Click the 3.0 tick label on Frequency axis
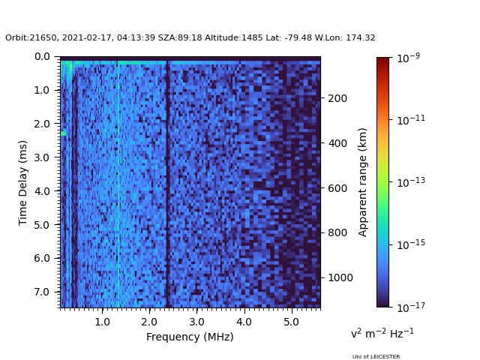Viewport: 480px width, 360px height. click(196, 321)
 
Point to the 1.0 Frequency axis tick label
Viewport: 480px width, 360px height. click(102, 321)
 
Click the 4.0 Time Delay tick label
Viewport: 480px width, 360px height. click(42, 190)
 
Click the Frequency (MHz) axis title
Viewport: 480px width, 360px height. click(190, 337)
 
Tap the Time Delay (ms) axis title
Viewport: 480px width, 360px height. click(23, 182)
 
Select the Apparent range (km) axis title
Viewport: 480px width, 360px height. click(363, 181)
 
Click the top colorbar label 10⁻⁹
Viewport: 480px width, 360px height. click(407, 58)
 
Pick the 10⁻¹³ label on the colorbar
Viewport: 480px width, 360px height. click(407, 182)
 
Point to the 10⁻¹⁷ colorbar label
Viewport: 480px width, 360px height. click(407, 306)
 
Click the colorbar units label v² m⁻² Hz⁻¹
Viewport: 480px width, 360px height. click(382, 333)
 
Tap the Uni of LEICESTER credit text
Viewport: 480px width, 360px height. click(376, 357)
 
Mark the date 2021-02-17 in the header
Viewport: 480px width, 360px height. click(73, 38)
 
